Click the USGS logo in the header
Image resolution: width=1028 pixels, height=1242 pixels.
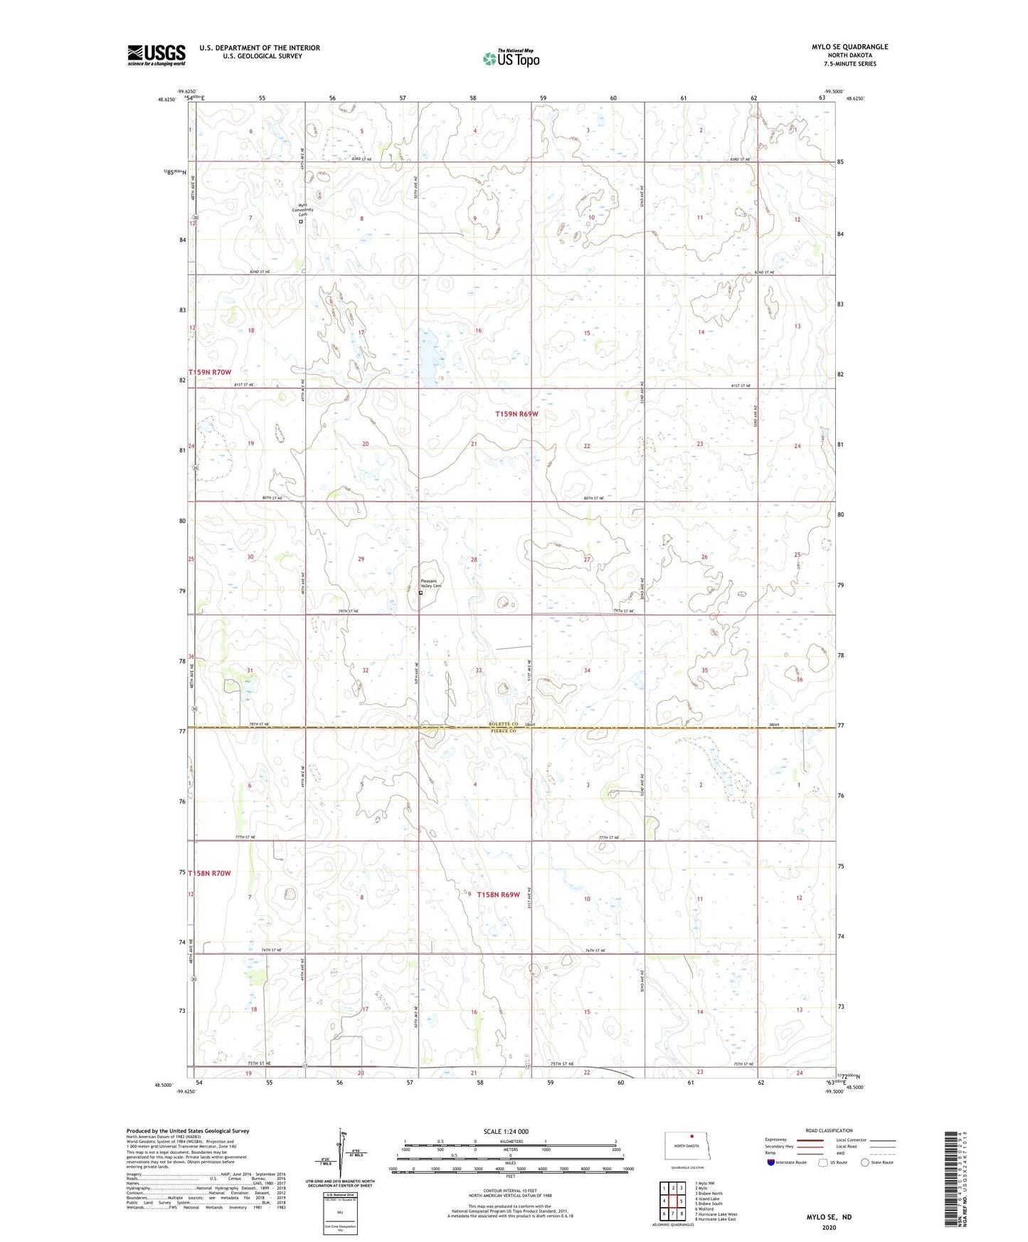157,55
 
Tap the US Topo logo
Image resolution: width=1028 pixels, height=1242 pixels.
511,58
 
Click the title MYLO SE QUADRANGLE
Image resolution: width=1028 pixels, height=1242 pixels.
849,47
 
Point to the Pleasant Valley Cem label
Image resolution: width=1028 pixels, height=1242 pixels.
431,583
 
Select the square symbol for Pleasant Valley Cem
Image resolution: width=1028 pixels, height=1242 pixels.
420,593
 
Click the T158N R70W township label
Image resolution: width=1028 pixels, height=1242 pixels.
210,873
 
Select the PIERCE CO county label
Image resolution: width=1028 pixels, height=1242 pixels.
502,731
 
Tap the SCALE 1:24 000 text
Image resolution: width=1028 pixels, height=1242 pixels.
506,1131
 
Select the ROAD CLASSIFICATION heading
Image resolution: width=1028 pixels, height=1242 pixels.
829,1130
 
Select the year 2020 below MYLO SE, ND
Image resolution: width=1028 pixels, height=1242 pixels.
829,1227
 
